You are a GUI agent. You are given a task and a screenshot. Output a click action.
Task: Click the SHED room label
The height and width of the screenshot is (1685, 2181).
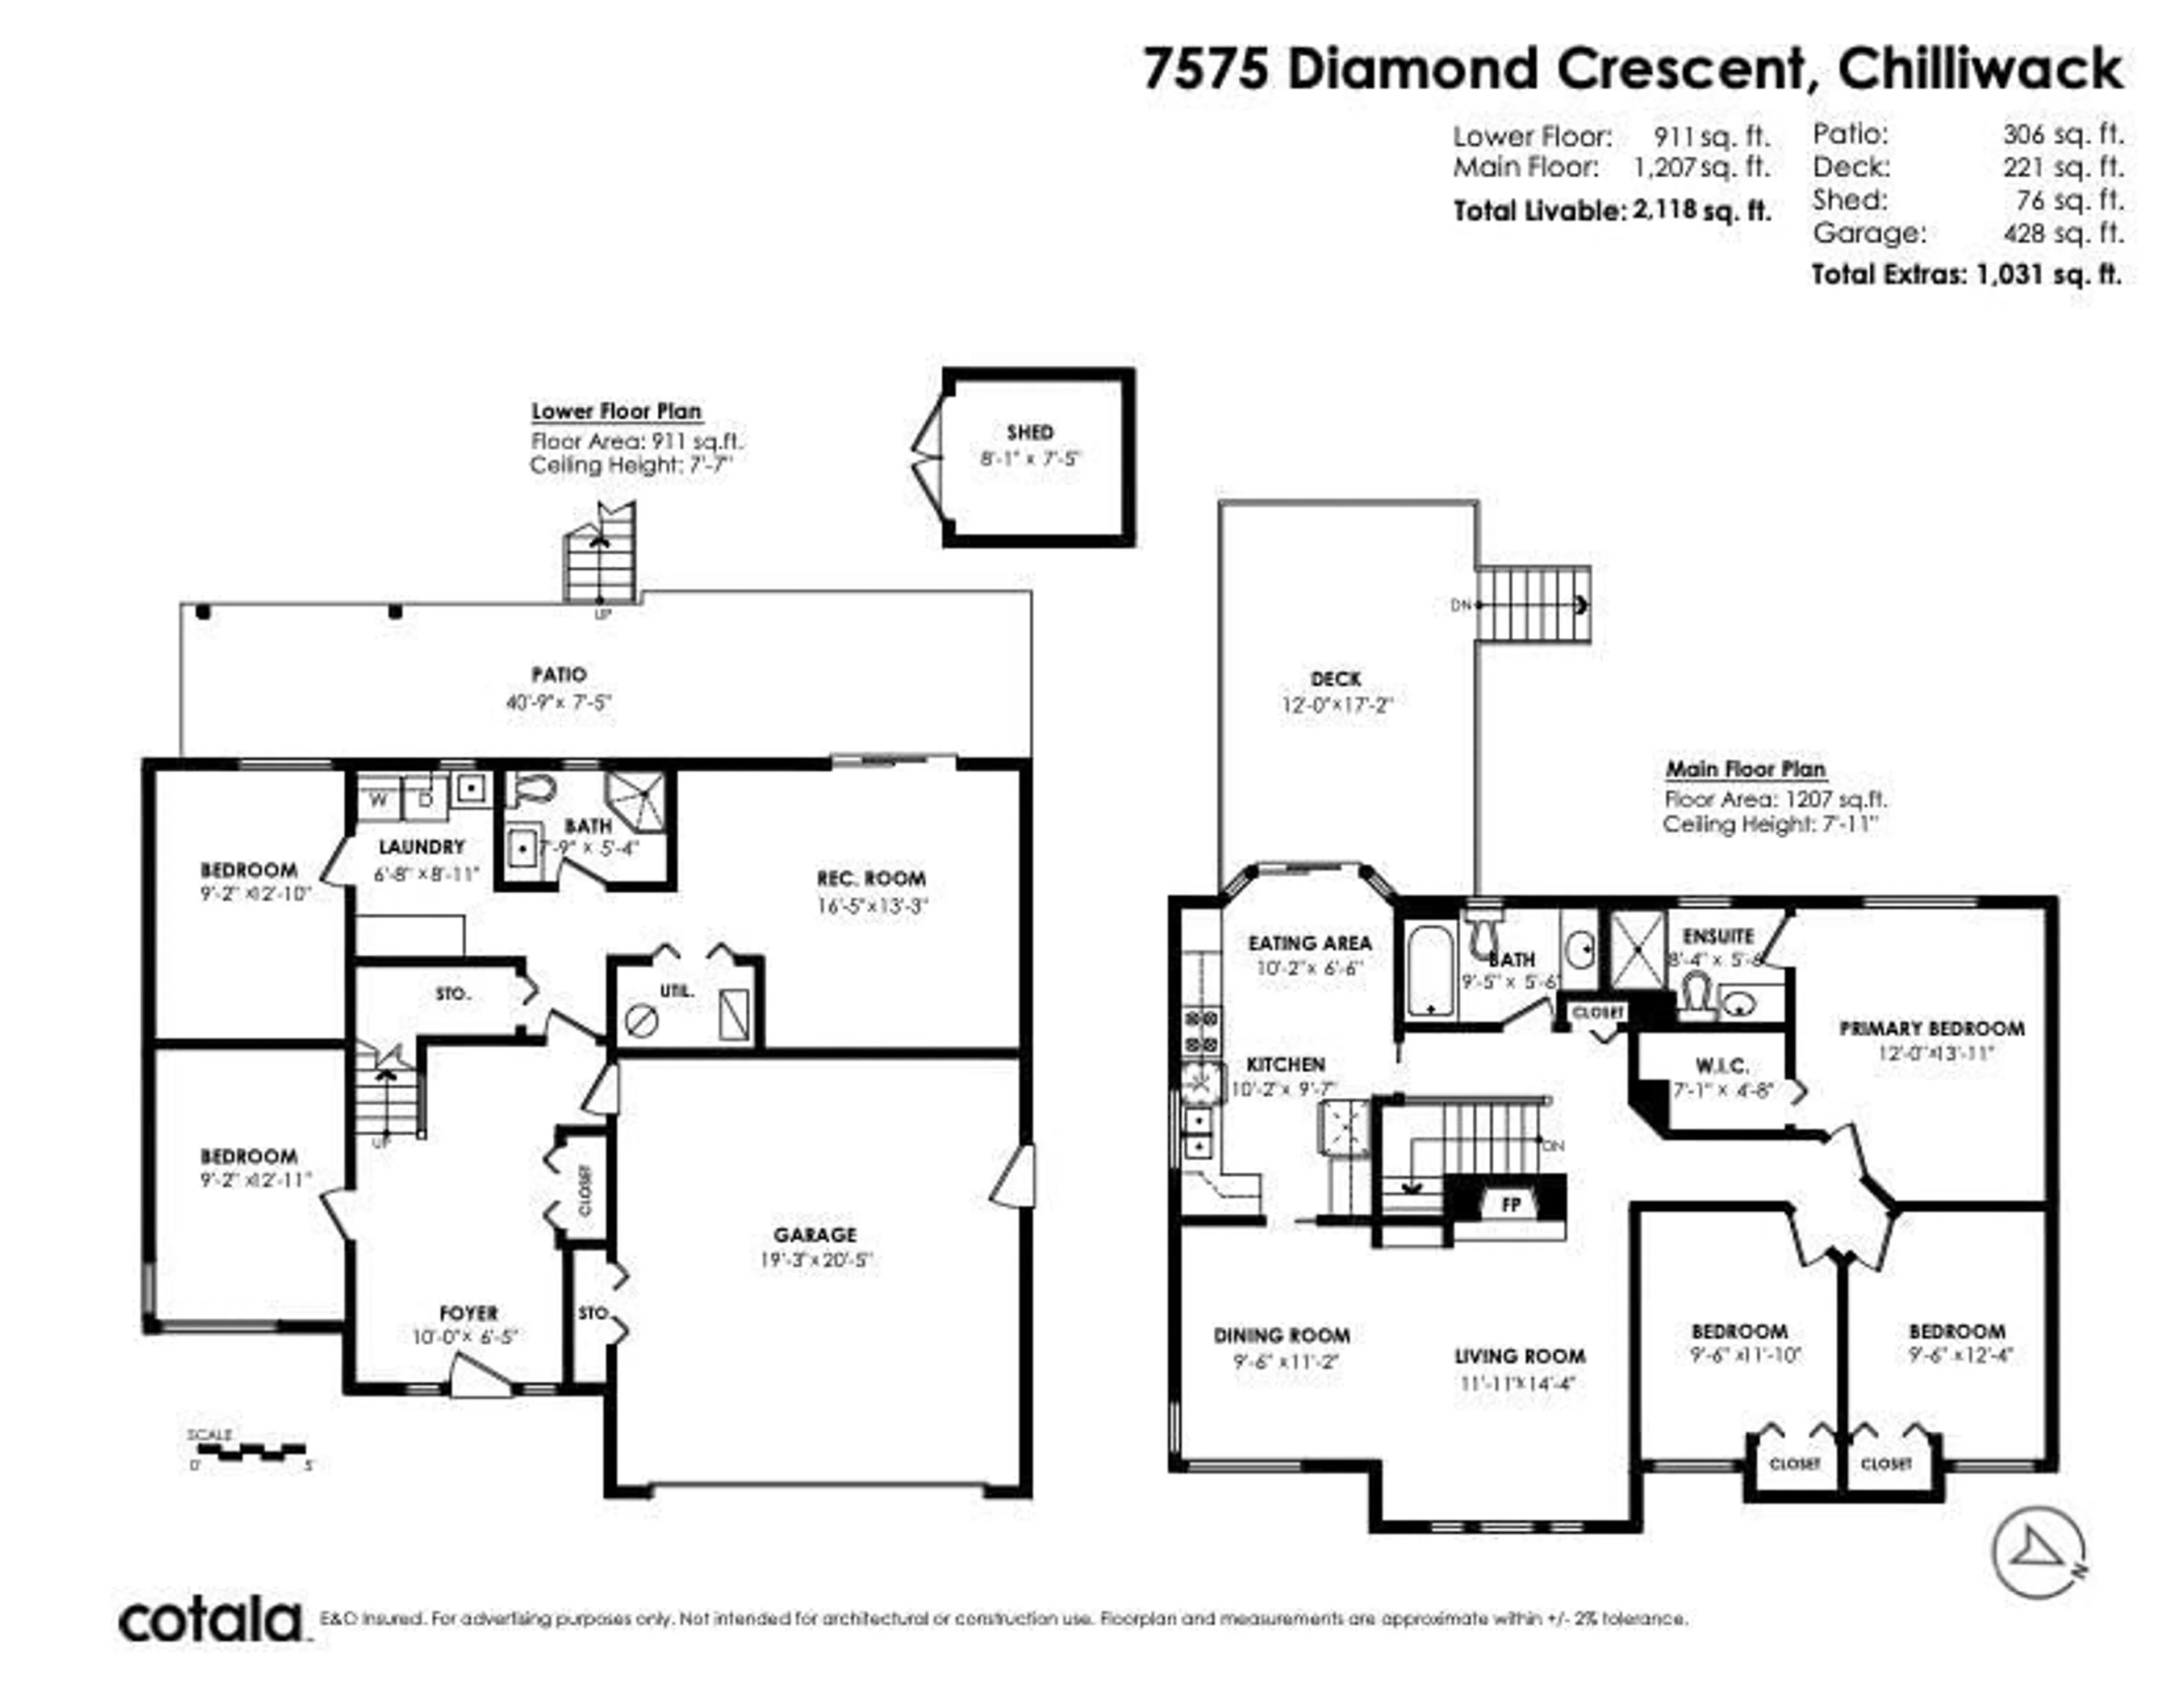pos(1030,433)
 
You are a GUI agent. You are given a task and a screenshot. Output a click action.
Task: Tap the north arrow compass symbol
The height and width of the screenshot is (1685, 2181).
pos(2037,1553)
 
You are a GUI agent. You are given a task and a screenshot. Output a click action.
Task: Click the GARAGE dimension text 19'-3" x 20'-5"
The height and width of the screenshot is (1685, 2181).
pos(816,1261)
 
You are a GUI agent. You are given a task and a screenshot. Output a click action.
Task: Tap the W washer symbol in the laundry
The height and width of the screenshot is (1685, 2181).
pos(378,799)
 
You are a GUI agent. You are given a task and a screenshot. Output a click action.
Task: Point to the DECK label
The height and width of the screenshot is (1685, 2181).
pos(1335,679)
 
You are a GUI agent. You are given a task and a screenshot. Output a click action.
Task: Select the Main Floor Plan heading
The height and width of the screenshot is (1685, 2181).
pos(1745,769)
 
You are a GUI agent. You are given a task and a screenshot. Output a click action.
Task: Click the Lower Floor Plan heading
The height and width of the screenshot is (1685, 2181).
pos(616,412)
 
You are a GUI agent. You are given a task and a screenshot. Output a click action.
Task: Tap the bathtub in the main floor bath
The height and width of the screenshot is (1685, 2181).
pos(1430,969)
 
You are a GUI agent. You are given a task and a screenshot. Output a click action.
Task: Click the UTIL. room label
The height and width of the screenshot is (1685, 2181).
pos(676,991)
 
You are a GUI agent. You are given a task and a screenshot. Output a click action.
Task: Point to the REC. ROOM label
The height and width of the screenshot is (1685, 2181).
pos(871,879)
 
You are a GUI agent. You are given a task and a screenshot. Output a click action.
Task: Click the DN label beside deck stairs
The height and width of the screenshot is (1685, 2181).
pos(1460,605)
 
